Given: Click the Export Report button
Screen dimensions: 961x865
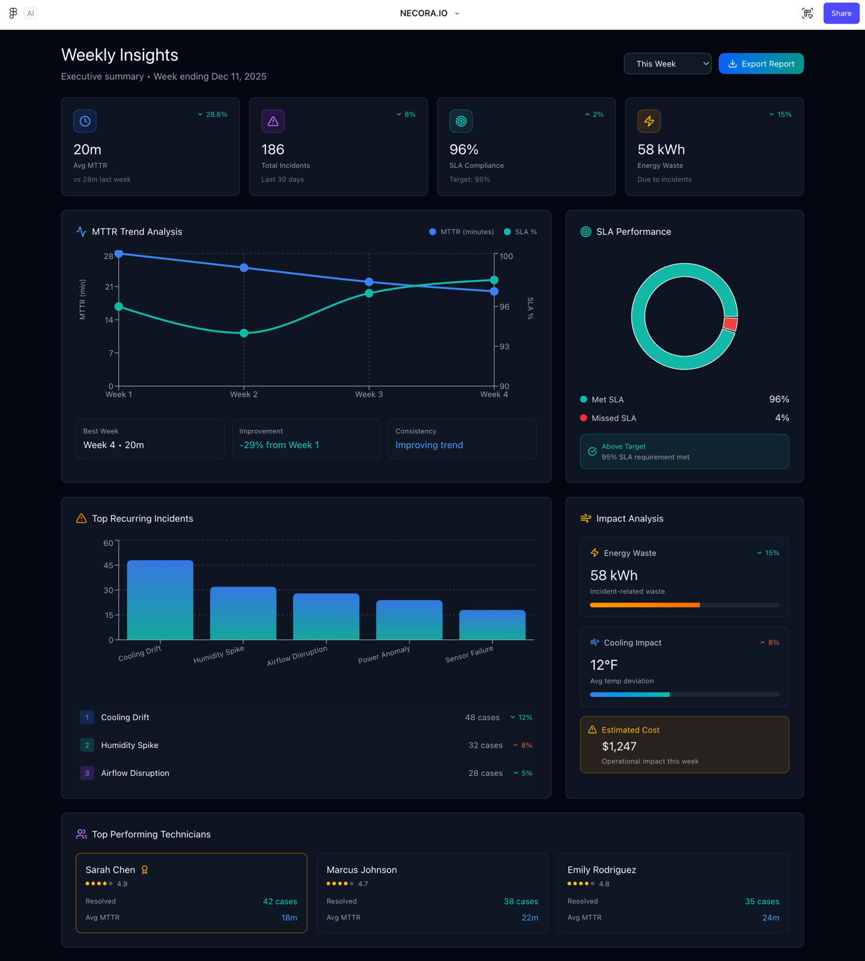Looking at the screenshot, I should click(760, 64).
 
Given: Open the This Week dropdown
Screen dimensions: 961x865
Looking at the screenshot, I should click(667, 64).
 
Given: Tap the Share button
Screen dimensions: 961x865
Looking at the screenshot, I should click(840, 13).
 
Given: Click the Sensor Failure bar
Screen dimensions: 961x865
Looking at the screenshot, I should click(492, 625).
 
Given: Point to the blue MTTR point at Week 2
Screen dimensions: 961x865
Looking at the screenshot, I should click(244, 268).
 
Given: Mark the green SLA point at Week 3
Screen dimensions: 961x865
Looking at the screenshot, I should click(369, 293).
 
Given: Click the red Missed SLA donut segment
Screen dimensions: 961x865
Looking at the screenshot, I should click(730, 324).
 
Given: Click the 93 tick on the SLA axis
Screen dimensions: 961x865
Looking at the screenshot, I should click(504, 347).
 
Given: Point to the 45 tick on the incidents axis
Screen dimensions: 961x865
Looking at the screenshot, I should click(108, 565).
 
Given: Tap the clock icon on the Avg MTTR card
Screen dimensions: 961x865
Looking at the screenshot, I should click(85, 121).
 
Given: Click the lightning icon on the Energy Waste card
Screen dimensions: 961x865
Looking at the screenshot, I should click(649, 121).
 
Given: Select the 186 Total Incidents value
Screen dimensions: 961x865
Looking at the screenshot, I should click(273, 150).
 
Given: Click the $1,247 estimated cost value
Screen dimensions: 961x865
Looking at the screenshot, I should click(619, 746).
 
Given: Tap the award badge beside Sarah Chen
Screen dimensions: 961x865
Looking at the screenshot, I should click(145, 870).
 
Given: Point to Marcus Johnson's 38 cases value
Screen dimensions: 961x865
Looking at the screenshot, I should click(520, 902).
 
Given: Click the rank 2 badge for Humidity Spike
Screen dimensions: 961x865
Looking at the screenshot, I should click(87, 745).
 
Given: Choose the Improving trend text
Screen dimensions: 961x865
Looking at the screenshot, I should click(429, 445).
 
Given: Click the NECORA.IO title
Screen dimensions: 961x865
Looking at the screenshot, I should click(424, 13).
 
